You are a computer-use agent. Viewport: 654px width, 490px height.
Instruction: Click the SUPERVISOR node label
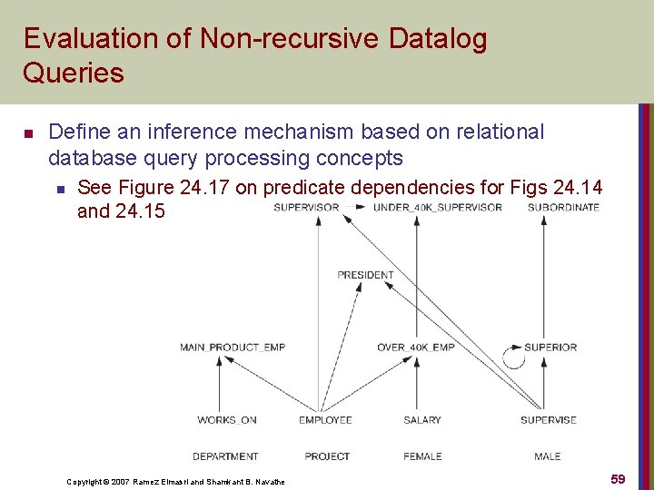click(306, 207)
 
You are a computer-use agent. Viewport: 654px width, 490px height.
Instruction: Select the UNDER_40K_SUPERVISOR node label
click(438, 207)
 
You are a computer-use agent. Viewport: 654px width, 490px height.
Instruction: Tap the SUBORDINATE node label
click(563, 207)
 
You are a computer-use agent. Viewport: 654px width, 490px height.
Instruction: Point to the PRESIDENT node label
click(365, 275)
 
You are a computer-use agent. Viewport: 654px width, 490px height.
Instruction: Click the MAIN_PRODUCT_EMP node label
click(233, 348)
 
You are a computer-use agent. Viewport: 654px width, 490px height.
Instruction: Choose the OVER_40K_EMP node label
click(415, 348)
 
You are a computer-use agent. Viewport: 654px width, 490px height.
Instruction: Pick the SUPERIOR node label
click(550, 348)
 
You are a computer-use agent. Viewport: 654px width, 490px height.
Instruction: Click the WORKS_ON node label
click(227, 420)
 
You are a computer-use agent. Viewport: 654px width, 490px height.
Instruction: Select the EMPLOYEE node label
click(325, 420)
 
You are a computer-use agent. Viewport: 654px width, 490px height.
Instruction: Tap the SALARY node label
click(422, 420)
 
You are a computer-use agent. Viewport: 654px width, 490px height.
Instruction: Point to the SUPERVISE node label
click(549, 420)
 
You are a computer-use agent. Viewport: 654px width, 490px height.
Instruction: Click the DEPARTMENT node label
click(225, 456)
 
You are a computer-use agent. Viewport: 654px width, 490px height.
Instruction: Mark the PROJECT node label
click(327, 456)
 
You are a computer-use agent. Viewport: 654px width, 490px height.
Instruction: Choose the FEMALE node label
click(422, 456)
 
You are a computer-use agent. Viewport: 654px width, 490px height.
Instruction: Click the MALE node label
click(548, 456)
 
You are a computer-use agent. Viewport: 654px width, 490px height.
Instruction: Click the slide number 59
click(618, 479)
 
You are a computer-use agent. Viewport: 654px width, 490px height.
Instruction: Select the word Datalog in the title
click(438, 39)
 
